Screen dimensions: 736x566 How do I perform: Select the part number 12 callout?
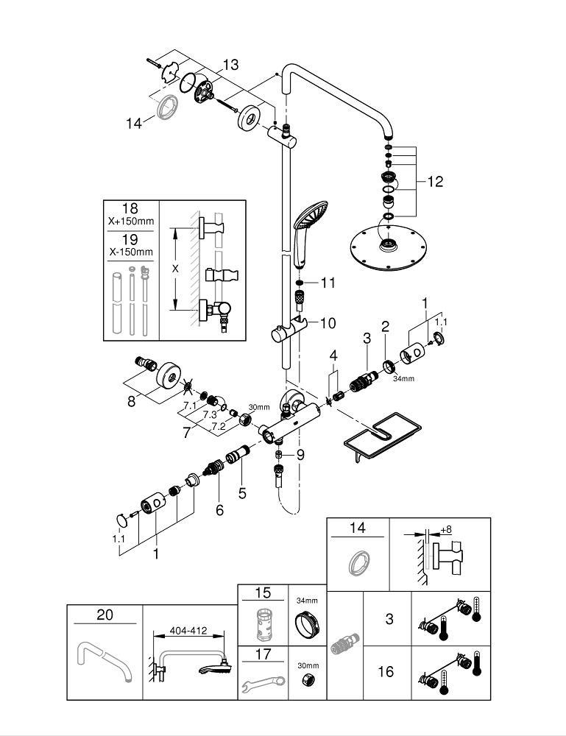(x=435, y=181)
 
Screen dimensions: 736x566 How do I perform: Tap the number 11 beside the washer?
(x=328, y=283)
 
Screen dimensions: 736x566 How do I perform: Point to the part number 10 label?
(x=328, y=322)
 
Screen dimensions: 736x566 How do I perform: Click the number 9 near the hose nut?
(x=300, y=455)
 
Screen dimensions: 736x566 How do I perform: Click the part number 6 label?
(x=219, y=508)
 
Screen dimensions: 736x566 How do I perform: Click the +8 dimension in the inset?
(x=446, y=528)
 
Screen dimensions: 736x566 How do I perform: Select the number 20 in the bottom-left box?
(x=105, y=614)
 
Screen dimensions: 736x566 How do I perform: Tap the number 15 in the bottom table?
(x=263, y=593)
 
